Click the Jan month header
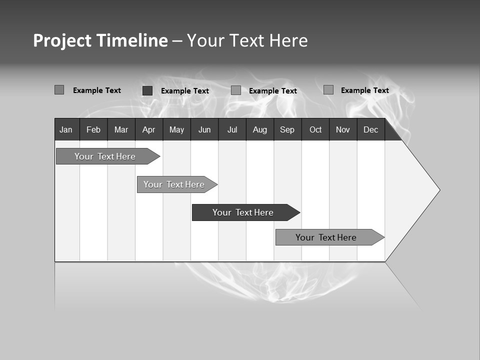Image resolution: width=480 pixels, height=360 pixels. (66, 129)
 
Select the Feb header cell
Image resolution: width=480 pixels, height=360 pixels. (93, 129)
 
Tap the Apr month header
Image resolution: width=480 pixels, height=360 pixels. (149, 129)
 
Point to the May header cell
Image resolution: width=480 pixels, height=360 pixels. (176, 129)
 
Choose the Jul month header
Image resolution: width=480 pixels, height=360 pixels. (232, 129)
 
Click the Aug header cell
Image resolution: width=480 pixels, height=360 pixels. (260, 129)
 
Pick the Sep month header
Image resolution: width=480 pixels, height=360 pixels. (287, 129)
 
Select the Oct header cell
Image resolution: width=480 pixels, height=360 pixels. (315, 129)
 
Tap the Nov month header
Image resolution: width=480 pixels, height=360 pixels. (343, 129)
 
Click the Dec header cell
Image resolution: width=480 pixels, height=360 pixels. (371, 129)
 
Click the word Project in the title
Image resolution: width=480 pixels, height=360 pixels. (61, 40)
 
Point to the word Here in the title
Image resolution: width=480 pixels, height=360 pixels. (288, 40)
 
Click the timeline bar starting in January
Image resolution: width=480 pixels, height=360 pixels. (105, 156)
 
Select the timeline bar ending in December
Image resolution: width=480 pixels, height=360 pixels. (327, 237)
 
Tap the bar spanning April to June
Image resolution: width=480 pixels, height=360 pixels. (175, 184)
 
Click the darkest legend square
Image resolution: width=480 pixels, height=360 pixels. (147, 90)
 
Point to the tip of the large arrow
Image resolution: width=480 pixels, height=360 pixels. (439, 190)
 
